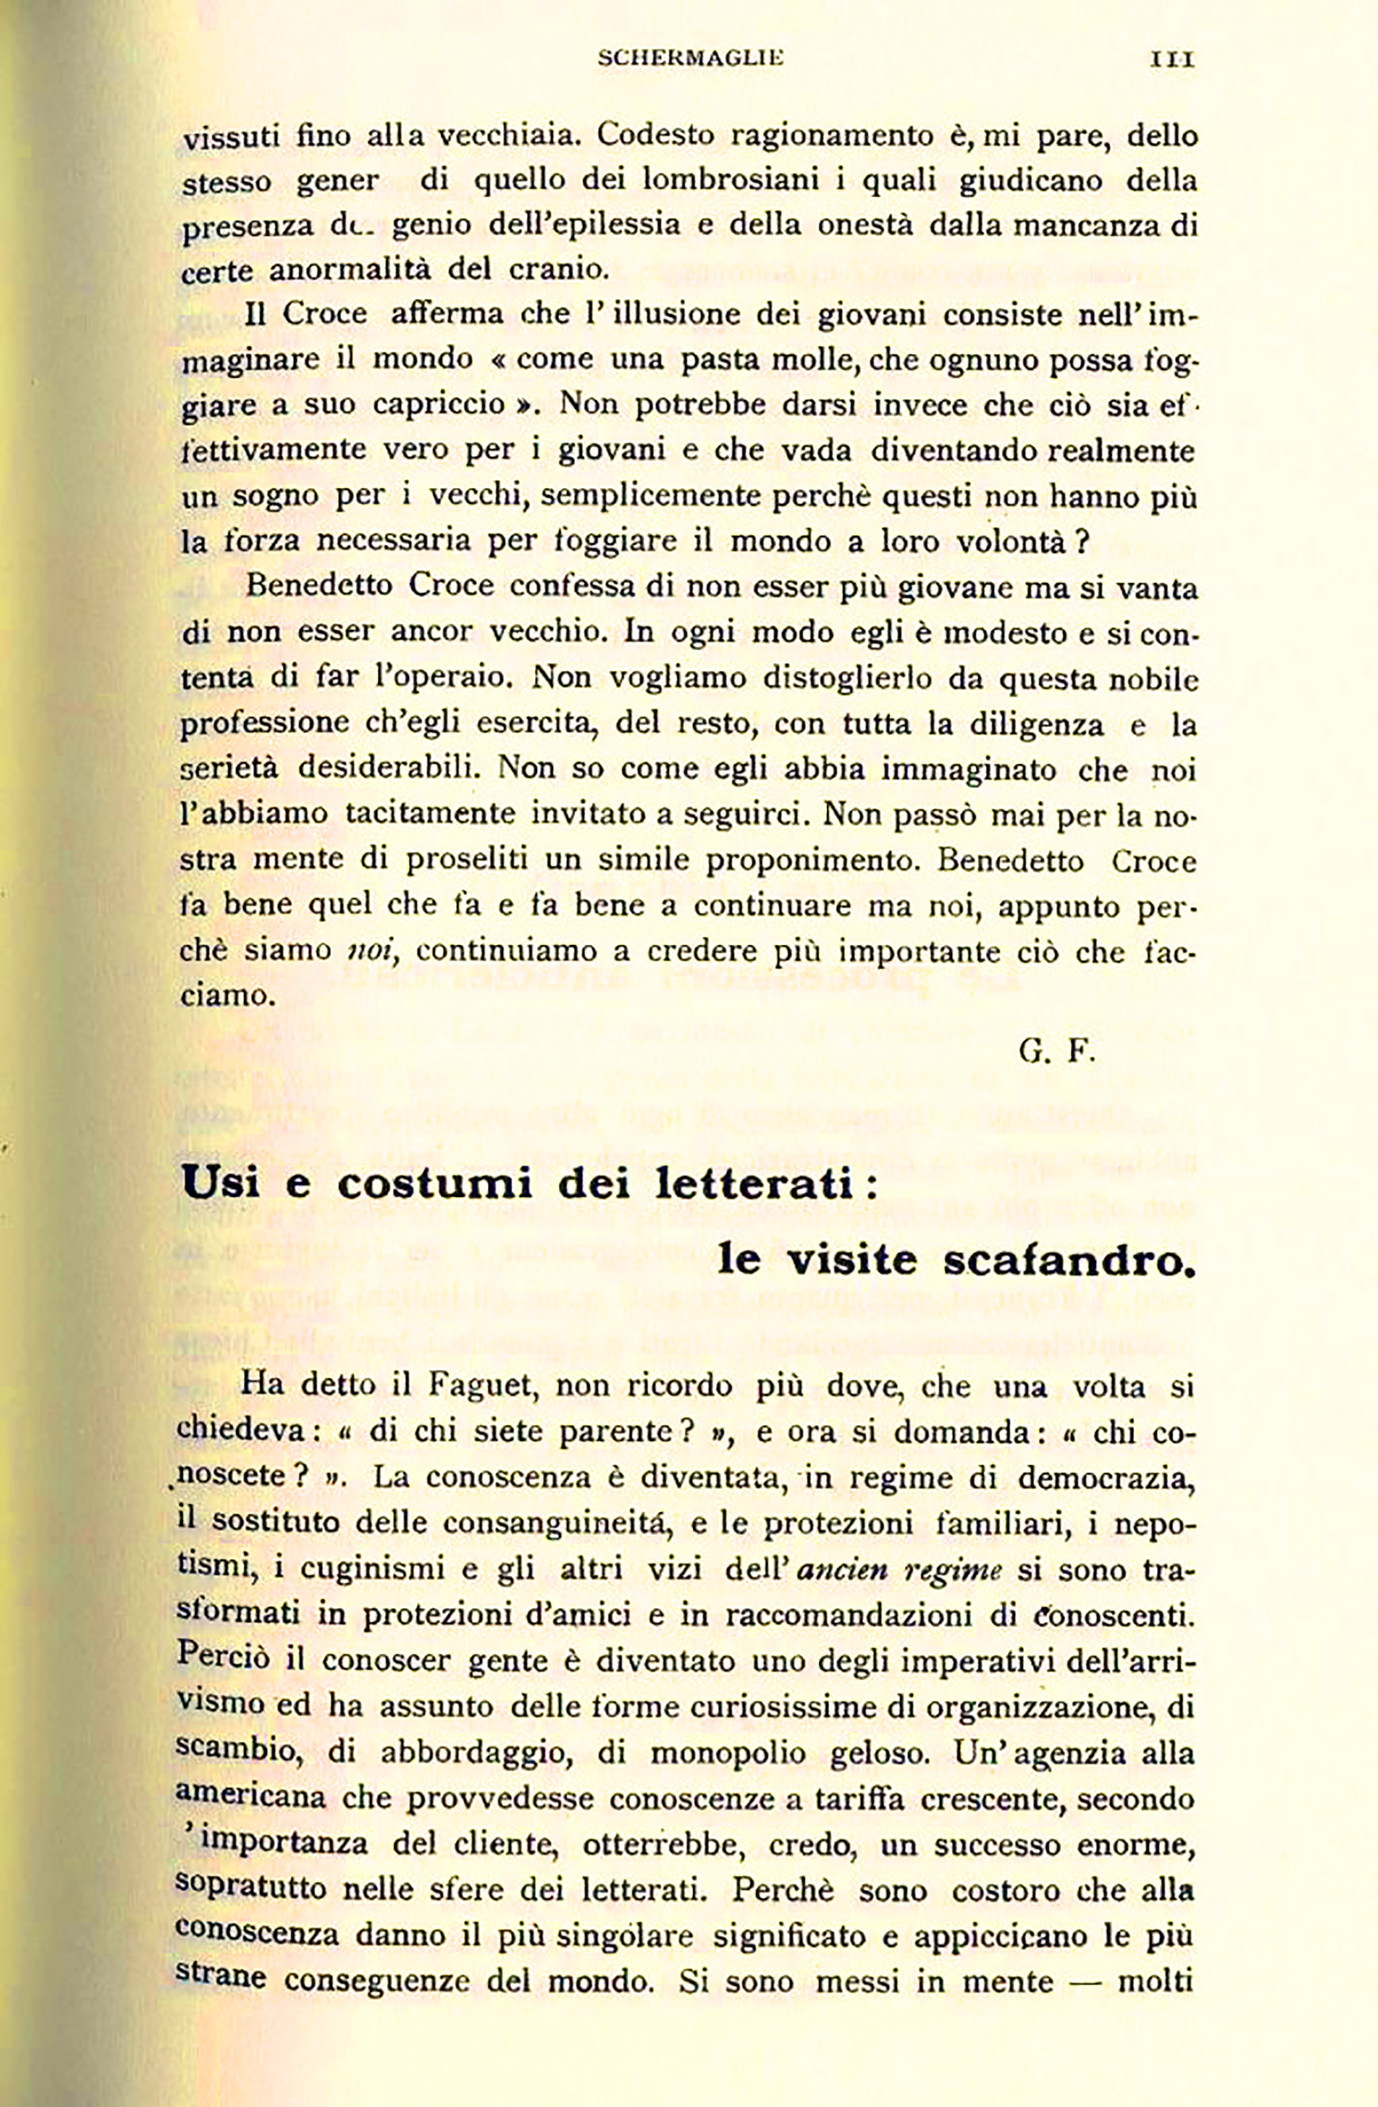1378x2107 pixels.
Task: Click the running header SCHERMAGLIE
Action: [691, 59]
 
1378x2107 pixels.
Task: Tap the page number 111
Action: [1172, 59]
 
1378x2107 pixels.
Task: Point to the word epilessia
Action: [616, 225]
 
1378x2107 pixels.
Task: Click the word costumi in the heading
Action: [436, 1183]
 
